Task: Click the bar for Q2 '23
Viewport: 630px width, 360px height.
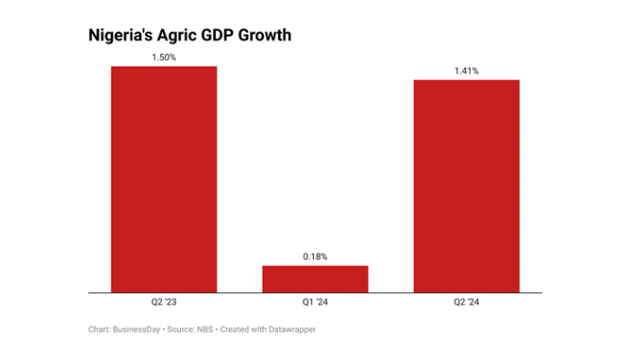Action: [x=164, y=179]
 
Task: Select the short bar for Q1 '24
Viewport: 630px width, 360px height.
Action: [x=315, y=278]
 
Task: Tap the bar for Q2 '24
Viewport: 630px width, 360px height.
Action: [x=466, y=185]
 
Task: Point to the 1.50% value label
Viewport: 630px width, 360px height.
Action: [x=164, y=57]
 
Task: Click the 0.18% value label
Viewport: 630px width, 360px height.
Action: [x=315, y=256]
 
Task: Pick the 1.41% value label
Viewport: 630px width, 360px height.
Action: [x=466, y=70]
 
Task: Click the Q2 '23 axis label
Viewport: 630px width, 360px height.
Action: [x=164, y=302]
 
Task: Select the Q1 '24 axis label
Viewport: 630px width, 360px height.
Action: [x=315, y=302]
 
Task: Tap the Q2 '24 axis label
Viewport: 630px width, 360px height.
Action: [x=466, y=302]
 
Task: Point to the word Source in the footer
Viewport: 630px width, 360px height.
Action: [x=182, y=330]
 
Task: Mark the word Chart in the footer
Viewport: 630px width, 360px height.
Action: [x=99, y=330]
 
